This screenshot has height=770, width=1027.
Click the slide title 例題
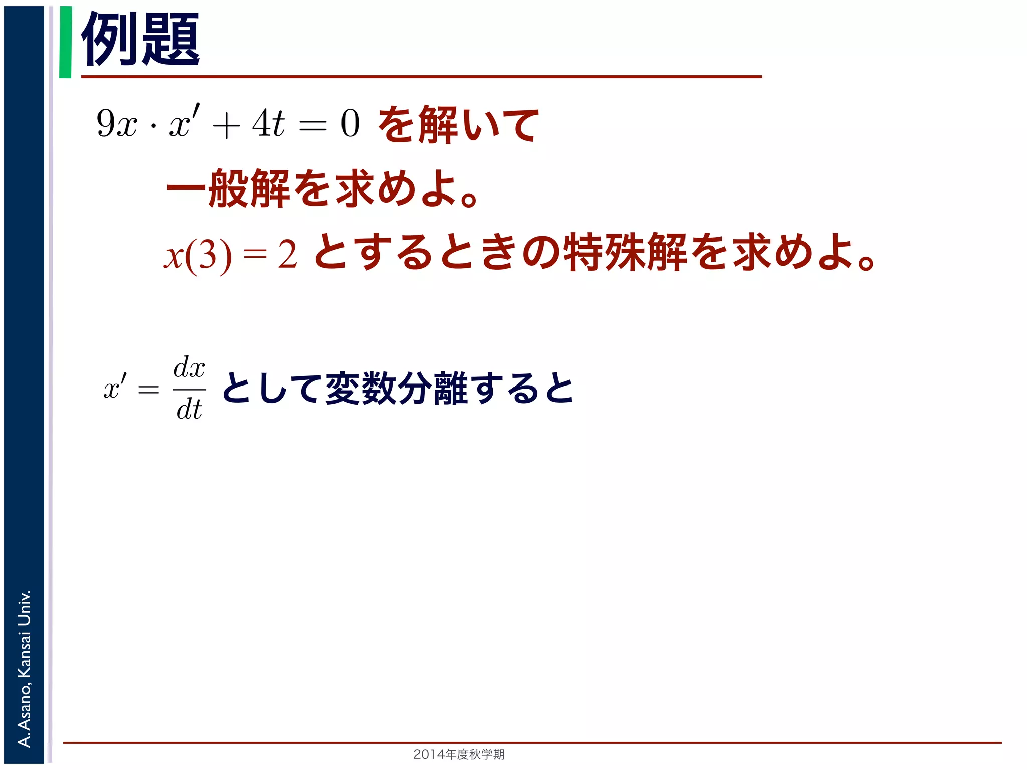[x=140, y=39]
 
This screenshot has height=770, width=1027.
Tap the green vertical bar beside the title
[x=65, y=42]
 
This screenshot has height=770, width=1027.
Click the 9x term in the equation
[x=116, y=123]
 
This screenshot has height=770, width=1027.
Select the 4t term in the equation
[x=268, y=123]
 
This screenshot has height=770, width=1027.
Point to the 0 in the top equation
[x=350, y=123]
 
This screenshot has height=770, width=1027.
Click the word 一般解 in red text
[x=228, y=188]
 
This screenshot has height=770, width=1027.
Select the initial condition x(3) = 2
[x=231, y=255]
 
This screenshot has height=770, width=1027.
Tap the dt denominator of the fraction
[x=189, y=409]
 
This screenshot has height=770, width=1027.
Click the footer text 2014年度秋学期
[x=459, y=754]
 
